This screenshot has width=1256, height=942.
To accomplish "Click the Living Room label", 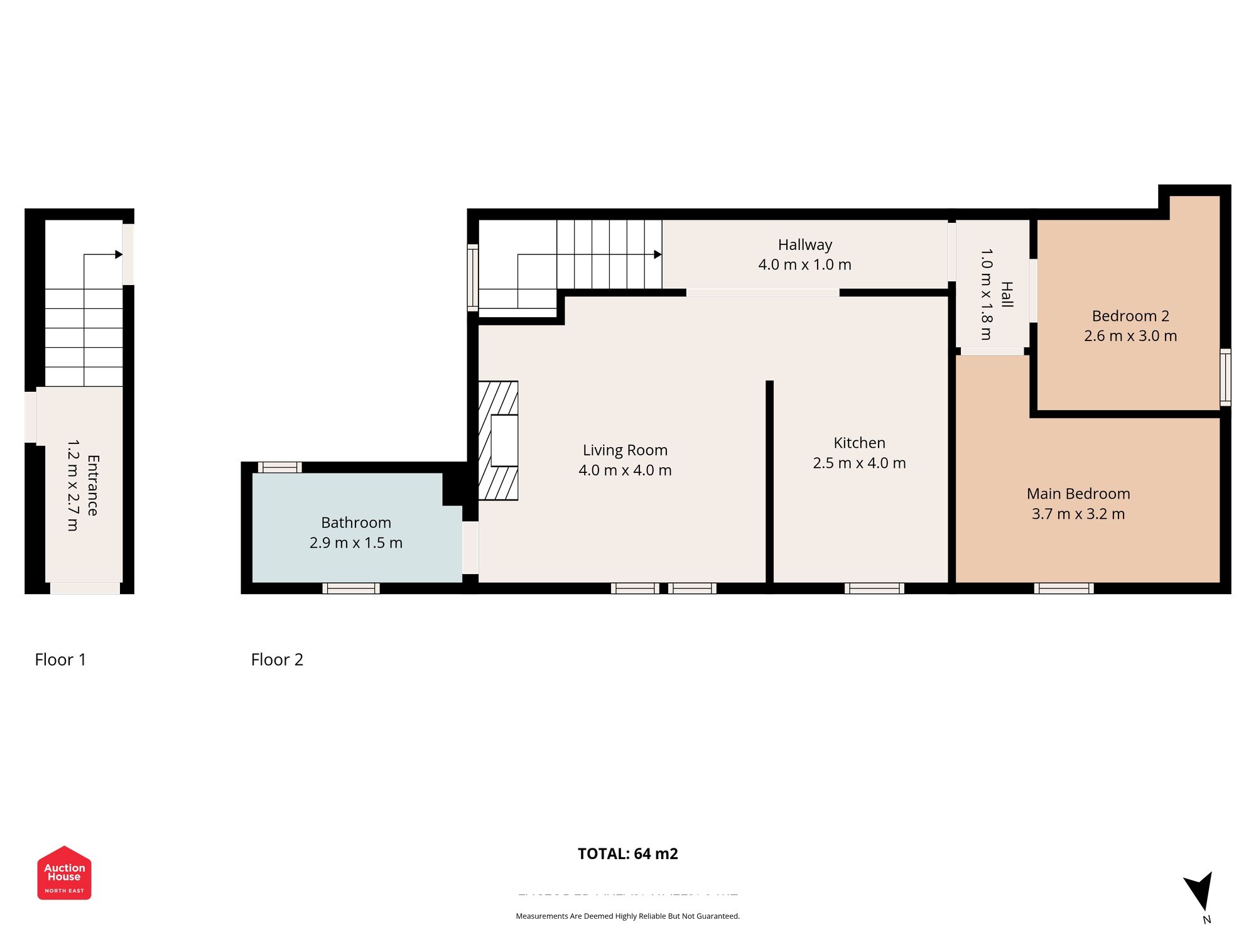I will (x=625, y=450).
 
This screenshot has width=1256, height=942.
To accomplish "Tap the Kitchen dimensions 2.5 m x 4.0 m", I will (x=859, y=463).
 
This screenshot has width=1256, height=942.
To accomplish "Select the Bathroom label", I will (x=355, y=522).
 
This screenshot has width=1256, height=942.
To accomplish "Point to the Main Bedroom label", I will (x=1078, y=494).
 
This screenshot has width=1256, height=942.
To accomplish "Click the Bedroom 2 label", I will (x=1130, y=316).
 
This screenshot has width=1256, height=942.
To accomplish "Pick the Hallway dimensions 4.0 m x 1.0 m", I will (x=804, y=264).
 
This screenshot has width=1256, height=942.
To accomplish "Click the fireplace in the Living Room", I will (x=499, y=440).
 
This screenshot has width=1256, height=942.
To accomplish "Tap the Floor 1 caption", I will (x=60, y=659).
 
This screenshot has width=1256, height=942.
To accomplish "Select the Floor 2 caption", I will (x=277, y=659).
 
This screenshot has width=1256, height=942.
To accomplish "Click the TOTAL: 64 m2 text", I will (x=627, y=853).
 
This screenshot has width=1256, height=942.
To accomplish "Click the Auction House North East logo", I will (x=64, y=873).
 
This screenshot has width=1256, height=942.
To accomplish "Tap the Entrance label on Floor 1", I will (x=92, y=485).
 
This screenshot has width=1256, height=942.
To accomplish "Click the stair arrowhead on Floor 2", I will (x=658, y=254).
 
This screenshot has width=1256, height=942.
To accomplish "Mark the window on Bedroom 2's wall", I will (x=1225, y=377).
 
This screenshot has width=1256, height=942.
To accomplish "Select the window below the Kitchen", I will (x=874, y=588).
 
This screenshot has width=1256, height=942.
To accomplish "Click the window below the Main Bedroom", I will (x=1064, y=588).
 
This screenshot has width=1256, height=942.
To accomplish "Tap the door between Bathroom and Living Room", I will (x=470, y=548).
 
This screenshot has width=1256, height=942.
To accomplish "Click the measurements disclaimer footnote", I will (x=627, y=916).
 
